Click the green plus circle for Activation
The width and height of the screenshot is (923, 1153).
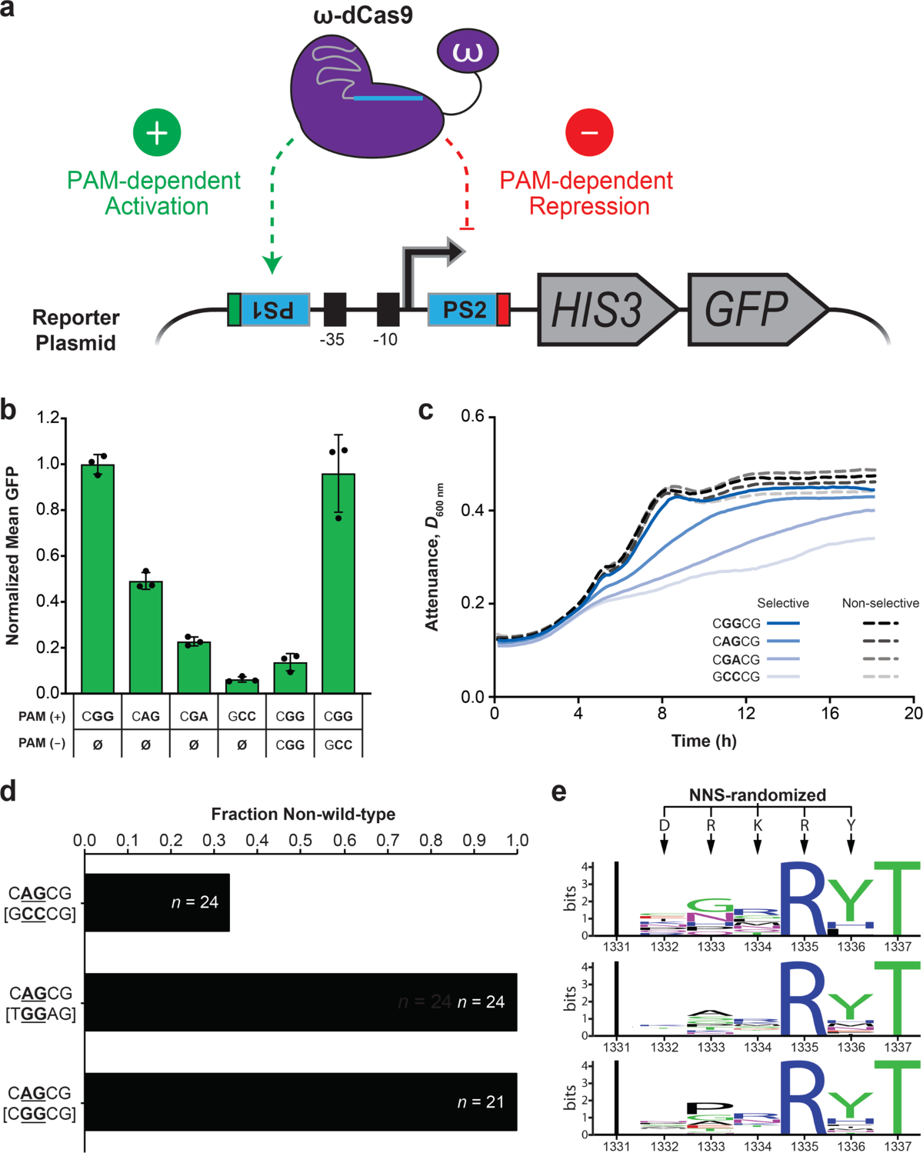coord(157,132)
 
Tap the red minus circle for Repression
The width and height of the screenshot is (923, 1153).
coord(589,132)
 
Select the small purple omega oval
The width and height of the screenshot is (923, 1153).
coord(467,52)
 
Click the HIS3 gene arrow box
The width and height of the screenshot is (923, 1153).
coord(600,309)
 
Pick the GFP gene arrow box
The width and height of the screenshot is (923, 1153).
coord(750,309)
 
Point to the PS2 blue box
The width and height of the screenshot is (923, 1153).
coord(463,309)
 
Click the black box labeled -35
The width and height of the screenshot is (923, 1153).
coord(335,309)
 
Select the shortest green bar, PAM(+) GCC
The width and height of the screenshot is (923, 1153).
coord(242,685)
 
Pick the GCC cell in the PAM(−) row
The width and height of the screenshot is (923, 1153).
coord(338,745)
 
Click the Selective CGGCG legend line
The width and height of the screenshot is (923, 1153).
coord(783,623)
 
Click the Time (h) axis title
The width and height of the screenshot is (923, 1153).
coord(704,741)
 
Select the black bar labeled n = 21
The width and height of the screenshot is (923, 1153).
coord(300,1101)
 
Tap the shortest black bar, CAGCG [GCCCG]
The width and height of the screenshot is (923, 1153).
coord(157,902)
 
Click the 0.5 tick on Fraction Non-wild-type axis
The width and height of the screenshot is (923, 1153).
coord(301,840)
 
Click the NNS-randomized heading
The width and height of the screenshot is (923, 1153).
coord(758,795)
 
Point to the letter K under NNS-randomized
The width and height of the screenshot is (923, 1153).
coord(758,825)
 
